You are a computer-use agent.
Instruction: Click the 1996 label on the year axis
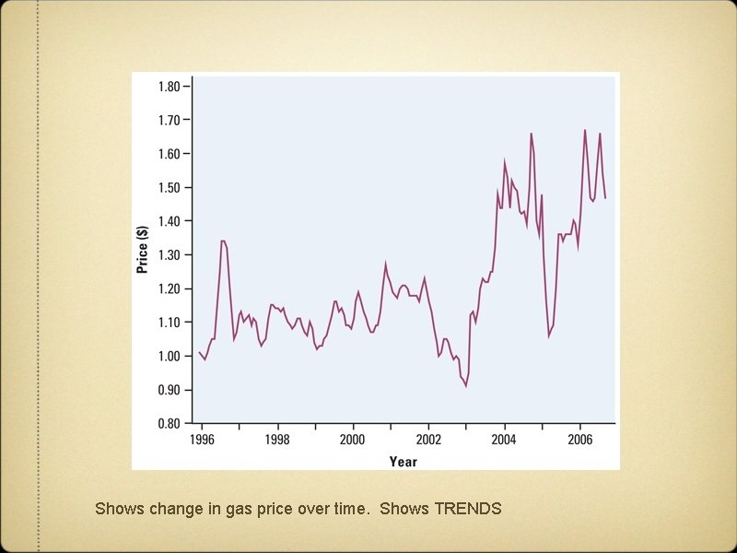[x=202, y=440]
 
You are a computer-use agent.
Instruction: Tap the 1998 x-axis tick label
[x=277, y=440]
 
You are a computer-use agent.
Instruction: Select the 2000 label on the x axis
[x=353, y=440]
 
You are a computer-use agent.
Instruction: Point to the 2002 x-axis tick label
[x=428, y=440]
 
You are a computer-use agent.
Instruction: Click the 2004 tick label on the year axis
[x=504, y=440]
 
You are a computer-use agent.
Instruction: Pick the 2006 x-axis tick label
[x=579, y=440]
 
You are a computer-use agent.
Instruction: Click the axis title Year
[x=403, y=461]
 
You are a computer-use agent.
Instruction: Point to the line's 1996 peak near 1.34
[x=223, y=241]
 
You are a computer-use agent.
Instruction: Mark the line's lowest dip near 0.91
[x=466, y=386]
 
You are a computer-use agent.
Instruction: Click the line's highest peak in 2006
[x=585, y=130]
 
